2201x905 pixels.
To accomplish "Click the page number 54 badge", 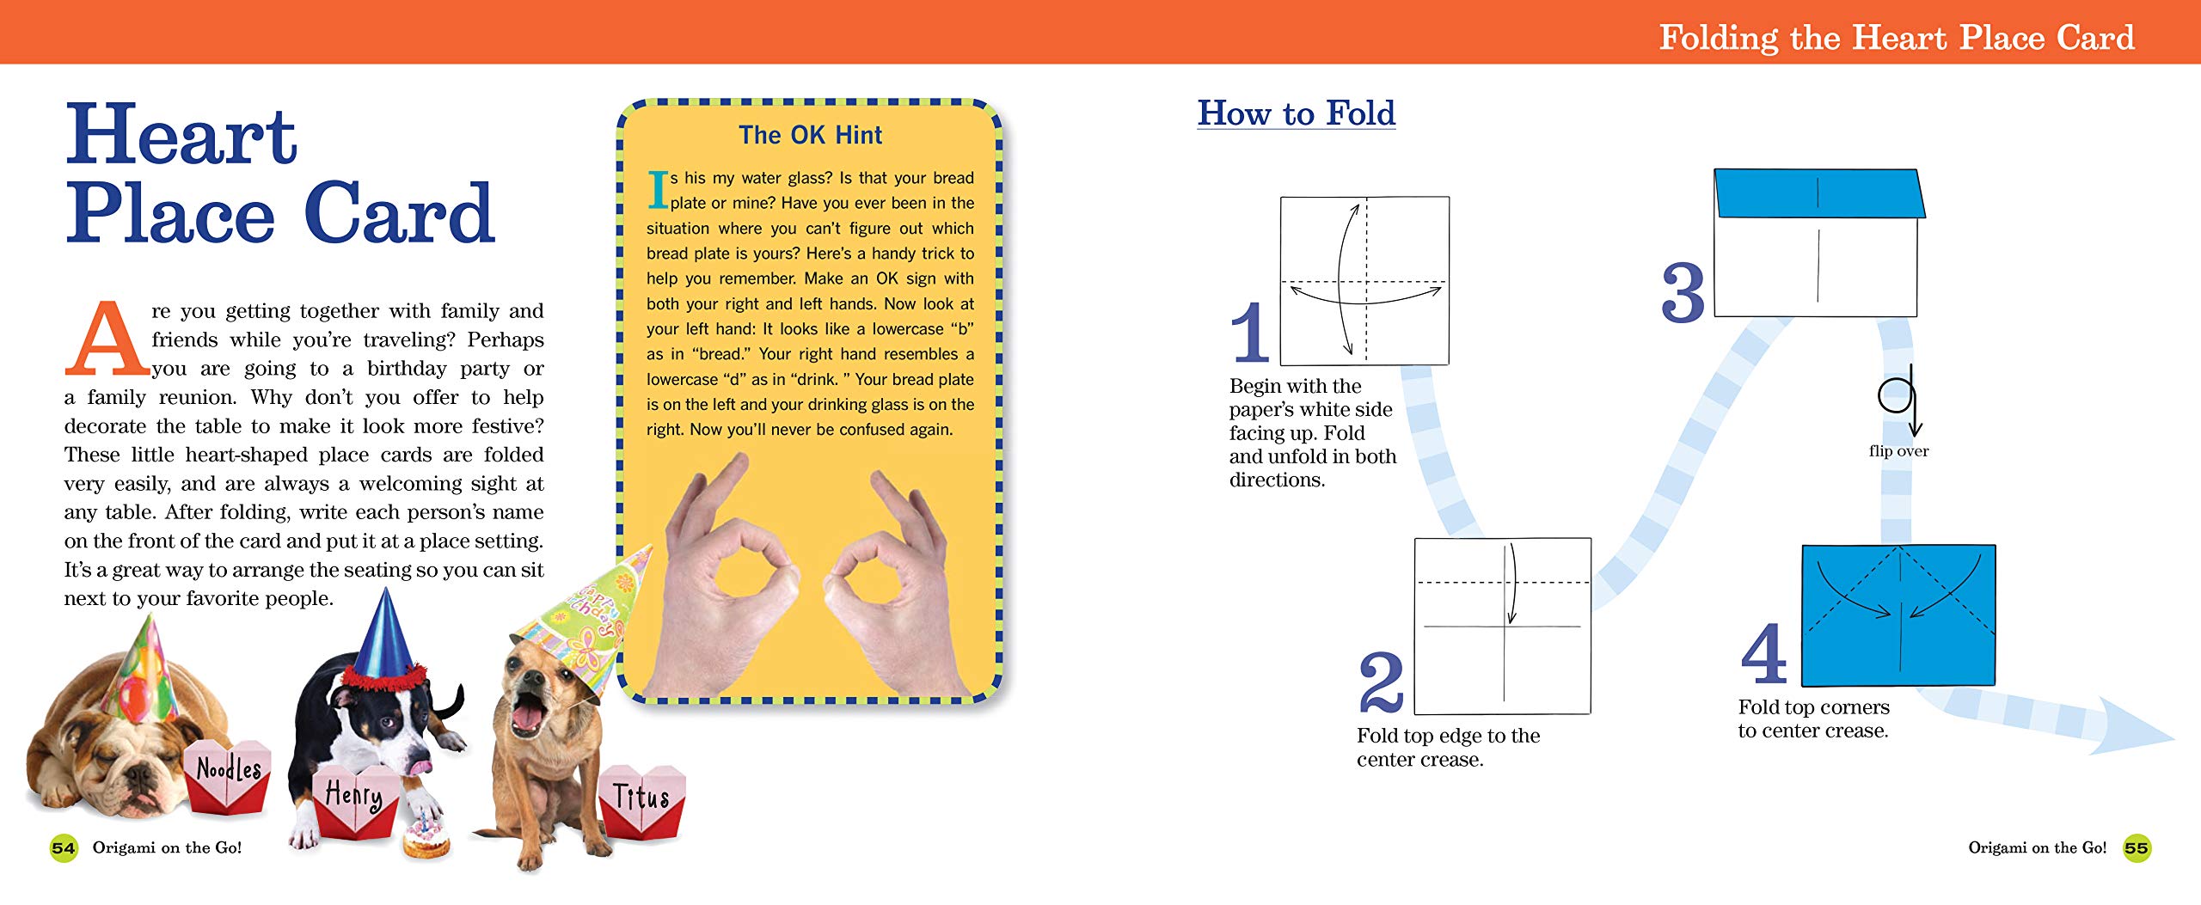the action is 64,848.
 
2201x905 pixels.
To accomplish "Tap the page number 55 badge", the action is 2137,848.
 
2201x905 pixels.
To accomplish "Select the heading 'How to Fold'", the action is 1297,113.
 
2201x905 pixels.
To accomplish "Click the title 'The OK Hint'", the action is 810,135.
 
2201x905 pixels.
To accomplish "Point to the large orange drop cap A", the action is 107,339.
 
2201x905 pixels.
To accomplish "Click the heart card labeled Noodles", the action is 228,775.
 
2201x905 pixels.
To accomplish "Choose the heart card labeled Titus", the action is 641,799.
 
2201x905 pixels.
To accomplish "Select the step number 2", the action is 1381,682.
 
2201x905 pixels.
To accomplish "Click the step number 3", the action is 1683,292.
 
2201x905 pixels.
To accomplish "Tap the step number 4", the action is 1764,653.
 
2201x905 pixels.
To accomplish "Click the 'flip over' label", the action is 1898,451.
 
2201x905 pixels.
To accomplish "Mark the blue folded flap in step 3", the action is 1819,194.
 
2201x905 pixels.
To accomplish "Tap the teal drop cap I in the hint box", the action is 658,189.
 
